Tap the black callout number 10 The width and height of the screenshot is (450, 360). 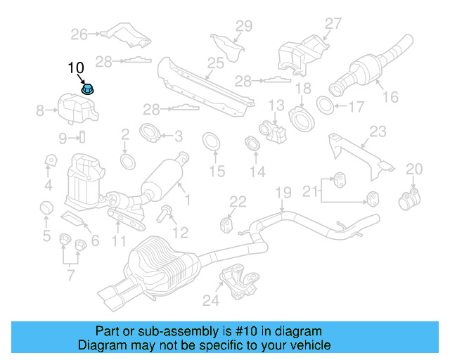pyautogui.click(x=76, y=68)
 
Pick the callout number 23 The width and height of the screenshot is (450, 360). pyautogui.click(x=378, y=131)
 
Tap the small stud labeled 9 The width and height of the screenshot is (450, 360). pyautogui.click(x=81, y=136)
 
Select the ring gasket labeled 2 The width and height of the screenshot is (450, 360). pyautogui.click(x=128, y=162)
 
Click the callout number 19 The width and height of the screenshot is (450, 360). pyautogui.click(x=282, y=193)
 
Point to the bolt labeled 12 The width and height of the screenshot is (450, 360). pyautogui.click(x=165, y=212)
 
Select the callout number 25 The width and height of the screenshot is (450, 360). pyautogui.click(x=215, y=64)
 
